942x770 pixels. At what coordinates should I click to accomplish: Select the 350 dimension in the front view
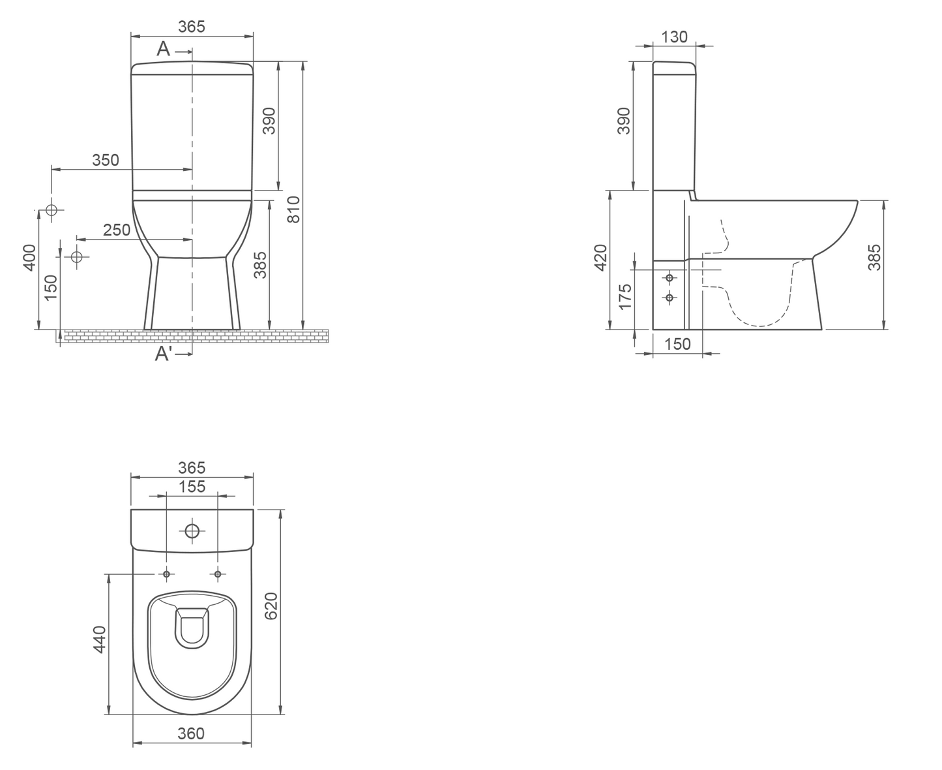pos(106,160)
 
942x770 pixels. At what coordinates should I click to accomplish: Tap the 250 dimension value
pos(117,230)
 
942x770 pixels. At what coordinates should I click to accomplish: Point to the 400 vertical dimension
pos(29,258)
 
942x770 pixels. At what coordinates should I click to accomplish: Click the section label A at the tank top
pos(163,49)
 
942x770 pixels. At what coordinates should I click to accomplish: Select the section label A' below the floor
pos(164,354)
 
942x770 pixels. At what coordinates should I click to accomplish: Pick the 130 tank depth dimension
pos(674,37)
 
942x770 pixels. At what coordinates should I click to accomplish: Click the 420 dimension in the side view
pos(600,257)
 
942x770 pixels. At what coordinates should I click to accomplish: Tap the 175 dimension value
pos(625,297)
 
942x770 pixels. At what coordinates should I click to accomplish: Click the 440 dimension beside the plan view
pos(99,639)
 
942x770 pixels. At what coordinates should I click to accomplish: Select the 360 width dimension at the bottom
pos(191,733)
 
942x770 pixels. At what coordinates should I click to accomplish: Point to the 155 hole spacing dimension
pos(192,486)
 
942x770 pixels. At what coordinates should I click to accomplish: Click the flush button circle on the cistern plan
pos(192,531)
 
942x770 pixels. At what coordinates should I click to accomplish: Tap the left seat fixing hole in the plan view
pos(167,574)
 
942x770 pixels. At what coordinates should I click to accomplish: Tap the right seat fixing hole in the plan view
pos(218,574)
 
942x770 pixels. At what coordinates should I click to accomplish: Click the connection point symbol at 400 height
pos(52,210)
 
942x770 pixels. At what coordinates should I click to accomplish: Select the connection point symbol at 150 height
pos(77,256)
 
